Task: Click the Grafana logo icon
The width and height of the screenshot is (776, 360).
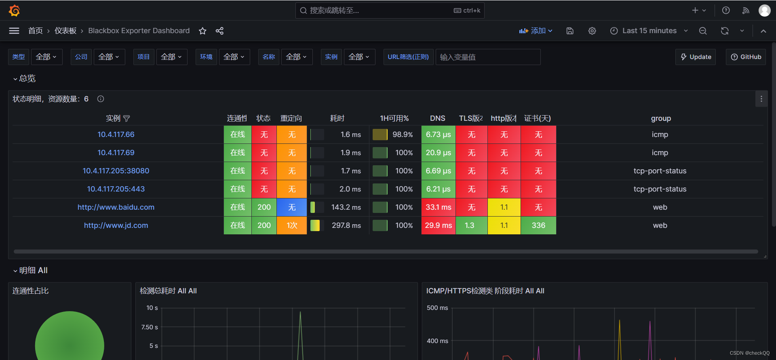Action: click(15, 11)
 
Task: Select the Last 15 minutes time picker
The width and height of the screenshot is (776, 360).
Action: click(649, 31)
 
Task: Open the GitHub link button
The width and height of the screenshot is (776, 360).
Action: click(746, 57)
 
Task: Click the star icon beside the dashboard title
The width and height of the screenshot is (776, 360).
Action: click(202, 31)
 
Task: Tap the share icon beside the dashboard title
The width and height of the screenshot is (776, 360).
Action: click(219, 31)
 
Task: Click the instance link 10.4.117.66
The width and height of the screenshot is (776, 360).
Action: click(116, 135)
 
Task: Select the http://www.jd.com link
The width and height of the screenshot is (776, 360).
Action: click(116, 225)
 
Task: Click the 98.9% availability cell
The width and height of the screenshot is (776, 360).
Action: click(402, 135)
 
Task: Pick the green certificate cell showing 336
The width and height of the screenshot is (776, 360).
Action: click(538, 225)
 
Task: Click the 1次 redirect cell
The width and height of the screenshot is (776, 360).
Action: click(292, 225)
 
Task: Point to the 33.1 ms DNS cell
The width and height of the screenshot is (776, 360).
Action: click(438, 207)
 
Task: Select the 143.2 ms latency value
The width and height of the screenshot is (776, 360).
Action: click(346, 207)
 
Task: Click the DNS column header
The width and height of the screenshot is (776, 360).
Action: click(437, 118)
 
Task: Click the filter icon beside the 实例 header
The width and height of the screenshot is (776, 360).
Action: click(127, 118)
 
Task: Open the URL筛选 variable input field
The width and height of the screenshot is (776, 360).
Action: click(487, 57)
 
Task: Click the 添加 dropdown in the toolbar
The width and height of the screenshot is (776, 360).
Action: click(536, 31)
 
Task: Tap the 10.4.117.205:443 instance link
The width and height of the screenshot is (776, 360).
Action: click(116, 189)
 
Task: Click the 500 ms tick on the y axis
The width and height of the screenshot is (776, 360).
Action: click(437, 308)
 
